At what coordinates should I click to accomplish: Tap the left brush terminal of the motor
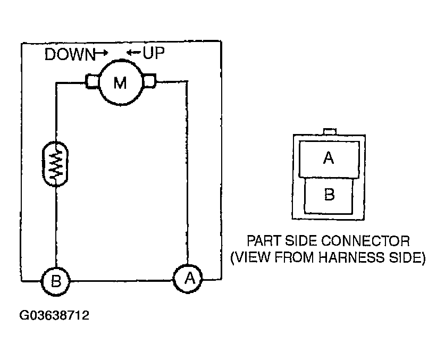[92, 82]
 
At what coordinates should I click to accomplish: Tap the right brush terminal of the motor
[149, 81]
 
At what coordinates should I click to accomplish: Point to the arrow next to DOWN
[100, 53]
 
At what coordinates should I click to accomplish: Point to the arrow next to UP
[133, 53]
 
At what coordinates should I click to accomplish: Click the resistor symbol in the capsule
[56, 163]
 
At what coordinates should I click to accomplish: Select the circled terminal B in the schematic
[55, 278]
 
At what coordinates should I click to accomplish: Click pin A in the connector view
[329, 159]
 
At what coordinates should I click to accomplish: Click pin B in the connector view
[329, 195]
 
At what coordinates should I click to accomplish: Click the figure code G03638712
[54, 315]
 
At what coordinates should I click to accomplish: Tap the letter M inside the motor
[121, 83]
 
